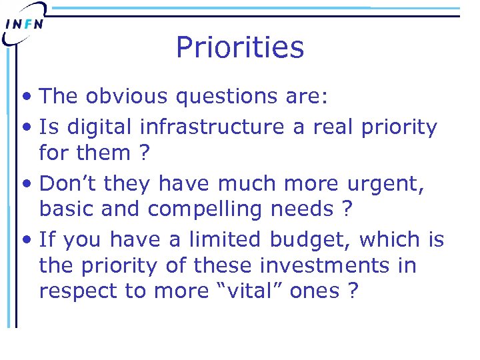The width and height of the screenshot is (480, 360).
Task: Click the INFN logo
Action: pos(25,23)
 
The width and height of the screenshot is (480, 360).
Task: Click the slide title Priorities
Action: pos(240,48)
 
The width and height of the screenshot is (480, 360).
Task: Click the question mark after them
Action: pos(141,153)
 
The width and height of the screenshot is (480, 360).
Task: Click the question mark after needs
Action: pos(346,209)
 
